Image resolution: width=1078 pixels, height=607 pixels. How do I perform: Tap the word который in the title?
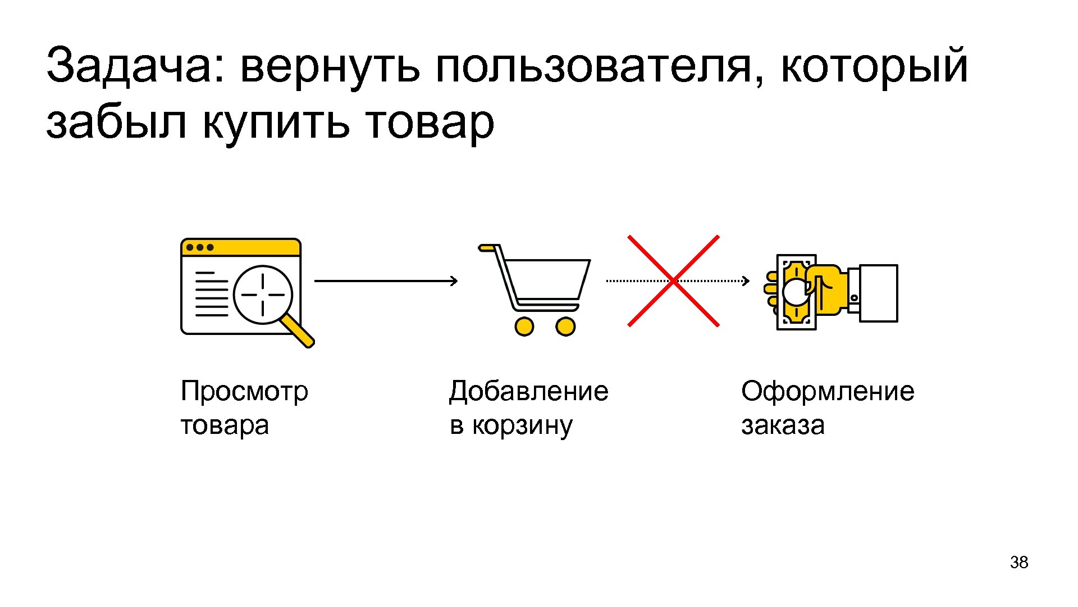(x=874, y=66)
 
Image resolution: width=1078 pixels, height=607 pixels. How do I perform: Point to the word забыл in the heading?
(x=116, y=123)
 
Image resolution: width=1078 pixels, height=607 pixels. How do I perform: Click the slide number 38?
(x=1018, y=563)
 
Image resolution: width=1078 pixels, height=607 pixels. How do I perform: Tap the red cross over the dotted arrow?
(x=673, y=281)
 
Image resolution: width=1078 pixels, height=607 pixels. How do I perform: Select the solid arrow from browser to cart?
(x=386, y=281)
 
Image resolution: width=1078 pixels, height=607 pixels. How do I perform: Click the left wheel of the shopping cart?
(x=524, y=326)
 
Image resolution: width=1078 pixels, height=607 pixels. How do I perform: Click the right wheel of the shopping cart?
(x=565, y=326)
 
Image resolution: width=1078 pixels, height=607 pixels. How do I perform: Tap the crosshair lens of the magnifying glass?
(x=263, y=295)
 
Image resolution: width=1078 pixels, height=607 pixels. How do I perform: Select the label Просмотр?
(x=244, y=391)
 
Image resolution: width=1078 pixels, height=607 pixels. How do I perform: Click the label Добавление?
(x=528, y=391)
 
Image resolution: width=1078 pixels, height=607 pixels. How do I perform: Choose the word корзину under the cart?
(x=522, y=426)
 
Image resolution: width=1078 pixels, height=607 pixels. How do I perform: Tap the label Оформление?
(x=828, y=391)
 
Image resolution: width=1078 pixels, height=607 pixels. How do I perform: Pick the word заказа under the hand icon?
(x=783, y=426)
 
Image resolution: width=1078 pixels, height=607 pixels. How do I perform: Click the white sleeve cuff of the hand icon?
(x=878, y=293)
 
